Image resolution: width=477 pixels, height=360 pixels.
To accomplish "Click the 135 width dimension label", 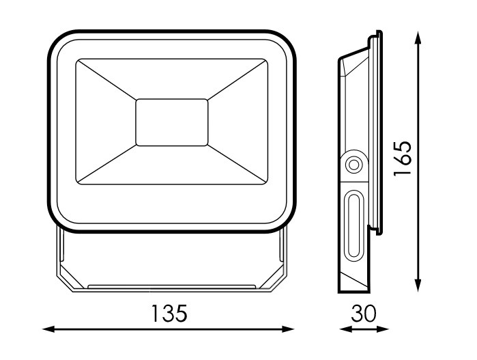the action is click(169, 314).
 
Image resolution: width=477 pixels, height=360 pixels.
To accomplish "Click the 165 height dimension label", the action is click(403, 158).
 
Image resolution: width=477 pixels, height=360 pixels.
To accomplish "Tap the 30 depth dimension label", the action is click(364, 314).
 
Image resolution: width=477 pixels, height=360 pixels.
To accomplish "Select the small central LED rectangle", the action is click(172, 122).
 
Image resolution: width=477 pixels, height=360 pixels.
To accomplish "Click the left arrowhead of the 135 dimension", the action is click(48, 329).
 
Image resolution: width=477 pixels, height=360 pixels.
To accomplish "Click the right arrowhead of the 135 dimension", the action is click(289, 329).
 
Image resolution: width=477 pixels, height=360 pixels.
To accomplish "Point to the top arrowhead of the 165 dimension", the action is click(418, 38).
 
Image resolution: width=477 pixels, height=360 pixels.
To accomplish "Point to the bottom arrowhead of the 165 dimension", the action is click(418, 286).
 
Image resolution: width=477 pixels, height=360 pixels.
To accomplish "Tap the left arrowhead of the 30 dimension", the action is click(345, 329).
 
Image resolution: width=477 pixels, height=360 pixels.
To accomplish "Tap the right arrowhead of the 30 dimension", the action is click(383, 329).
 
